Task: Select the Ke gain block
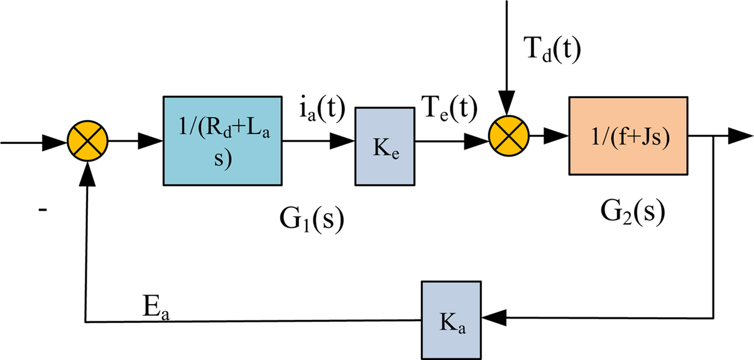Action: [384, 145]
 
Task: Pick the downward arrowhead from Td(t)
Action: [507, 101]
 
